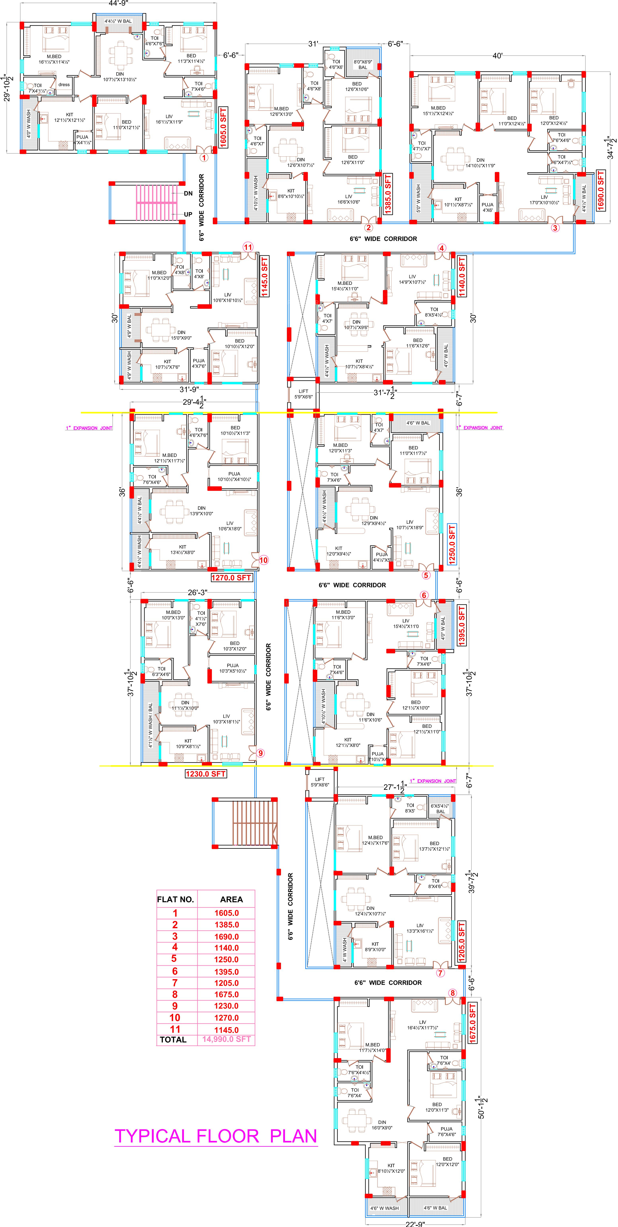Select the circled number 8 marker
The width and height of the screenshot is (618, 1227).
pos(452,993)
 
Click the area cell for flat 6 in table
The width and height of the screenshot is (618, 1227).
pos(227,971)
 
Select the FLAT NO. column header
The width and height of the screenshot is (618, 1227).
pos(176,899)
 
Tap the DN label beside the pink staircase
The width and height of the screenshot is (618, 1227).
pos(189,193)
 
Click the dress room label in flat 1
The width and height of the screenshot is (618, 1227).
pos(64,85)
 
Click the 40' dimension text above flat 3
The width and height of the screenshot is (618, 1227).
pos(498,56)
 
